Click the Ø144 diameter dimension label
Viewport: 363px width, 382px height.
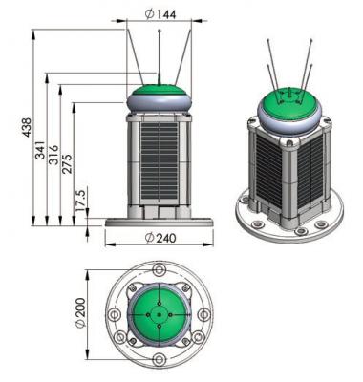click(160, 13)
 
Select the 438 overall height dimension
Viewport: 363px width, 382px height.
click(27, 127)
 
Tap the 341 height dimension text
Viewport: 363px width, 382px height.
click(40, 150)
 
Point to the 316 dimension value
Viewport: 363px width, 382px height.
click(53, 155)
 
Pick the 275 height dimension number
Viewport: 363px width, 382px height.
click(67, 163)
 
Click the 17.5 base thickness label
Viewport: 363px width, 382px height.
click(80, 201)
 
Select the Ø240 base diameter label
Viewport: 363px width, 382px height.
click(160, 238)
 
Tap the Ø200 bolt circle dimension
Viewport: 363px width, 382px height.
click(80, 313)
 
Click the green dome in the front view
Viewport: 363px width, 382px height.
click(159, 90)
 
